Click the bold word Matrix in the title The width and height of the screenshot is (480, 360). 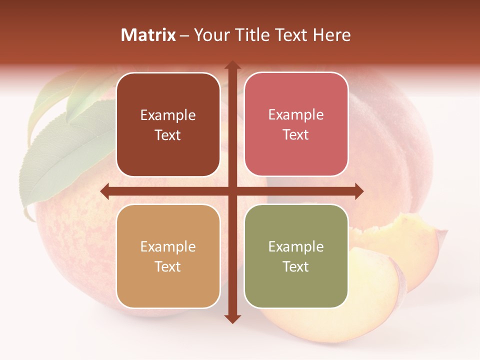(x=148, y=35)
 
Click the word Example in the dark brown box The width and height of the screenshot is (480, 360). (x=168, y=115)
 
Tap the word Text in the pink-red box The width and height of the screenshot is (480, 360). (x=296, y=135)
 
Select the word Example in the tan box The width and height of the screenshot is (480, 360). (x=168, y=247)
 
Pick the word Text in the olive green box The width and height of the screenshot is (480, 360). (x=296, y=266)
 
